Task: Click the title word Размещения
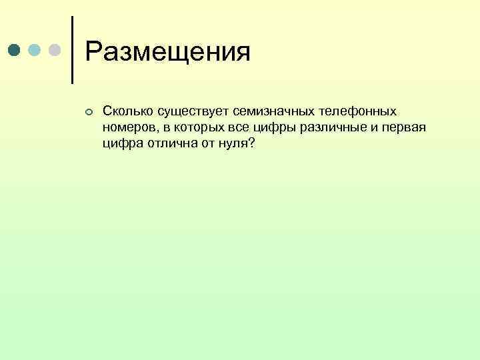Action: (x=168, y=52)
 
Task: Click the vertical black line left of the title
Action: (x=71, y=50)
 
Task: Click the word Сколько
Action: (x=125, y=111)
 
